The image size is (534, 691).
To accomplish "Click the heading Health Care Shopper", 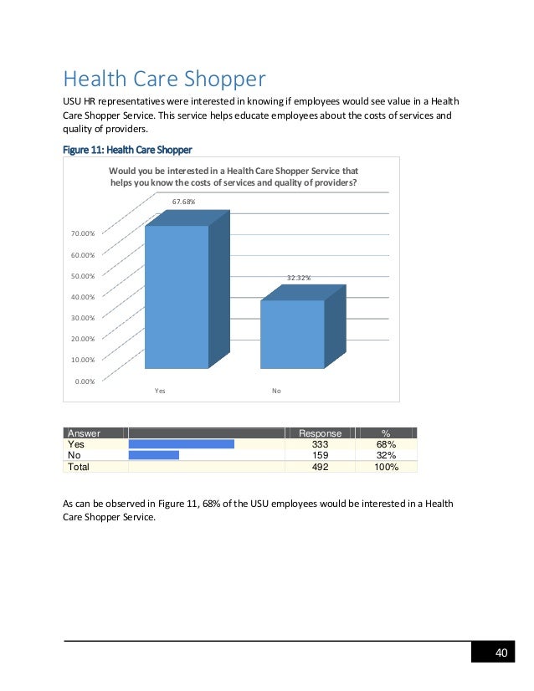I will tap(164, 79).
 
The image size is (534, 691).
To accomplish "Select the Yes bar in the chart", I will tap(177, 296).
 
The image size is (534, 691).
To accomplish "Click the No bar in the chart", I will tap(292, 334).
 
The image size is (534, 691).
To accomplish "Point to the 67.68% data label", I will tap(184, 202).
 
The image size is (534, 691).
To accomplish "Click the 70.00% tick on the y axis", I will tap(81, 233).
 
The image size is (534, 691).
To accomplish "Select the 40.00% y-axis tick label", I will tap(81, 296).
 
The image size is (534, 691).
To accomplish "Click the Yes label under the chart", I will tap(161, 391).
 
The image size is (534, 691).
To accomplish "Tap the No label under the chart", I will tap(276, 391).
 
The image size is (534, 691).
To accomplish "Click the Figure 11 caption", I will tap(127, 150).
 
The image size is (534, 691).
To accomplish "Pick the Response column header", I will tap(321, 433).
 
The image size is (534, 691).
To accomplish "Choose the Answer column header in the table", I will tap(84, 433).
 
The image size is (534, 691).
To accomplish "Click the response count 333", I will tap(320, 444).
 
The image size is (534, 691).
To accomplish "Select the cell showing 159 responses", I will tap(320, 456).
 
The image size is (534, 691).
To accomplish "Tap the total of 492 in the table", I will tap(320, 468).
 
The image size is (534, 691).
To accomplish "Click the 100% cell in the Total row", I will tap(385, 468).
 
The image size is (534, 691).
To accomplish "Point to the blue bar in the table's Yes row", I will tap(181, 444).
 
